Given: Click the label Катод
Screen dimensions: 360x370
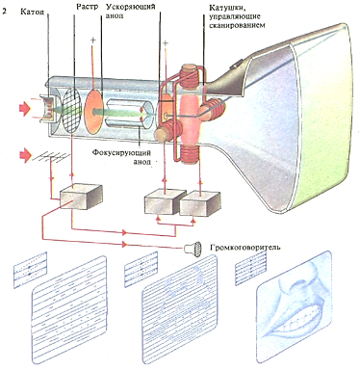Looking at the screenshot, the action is click(x=32, y=13).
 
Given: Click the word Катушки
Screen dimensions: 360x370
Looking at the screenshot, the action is click(x=224, y=8).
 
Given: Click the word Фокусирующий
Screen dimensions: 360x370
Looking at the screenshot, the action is click(x=121, y=151).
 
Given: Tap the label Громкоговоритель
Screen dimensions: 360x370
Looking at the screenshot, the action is click(x=245, y=248).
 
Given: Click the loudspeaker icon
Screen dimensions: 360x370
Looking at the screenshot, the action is click(x=193, y=248).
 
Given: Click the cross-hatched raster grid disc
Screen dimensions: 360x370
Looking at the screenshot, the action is click(x=72, y=110).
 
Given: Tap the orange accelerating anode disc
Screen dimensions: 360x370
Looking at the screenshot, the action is click(x=93, y=111).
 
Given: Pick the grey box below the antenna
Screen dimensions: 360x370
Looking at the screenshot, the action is click(x=80, y=197).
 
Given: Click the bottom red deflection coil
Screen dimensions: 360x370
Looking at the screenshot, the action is click(x=190, y=153).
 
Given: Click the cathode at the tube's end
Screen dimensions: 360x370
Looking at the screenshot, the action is click(x=47, y=108).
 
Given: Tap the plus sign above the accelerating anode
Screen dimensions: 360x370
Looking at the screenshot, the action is click(x=93, y=40).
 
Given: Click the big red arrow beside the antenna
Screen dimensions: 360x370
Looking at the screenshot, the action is click(x=25, y=156).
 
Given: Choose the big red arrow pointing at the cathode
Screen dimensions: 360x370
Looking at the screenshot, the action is click(x=25, y=109).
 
